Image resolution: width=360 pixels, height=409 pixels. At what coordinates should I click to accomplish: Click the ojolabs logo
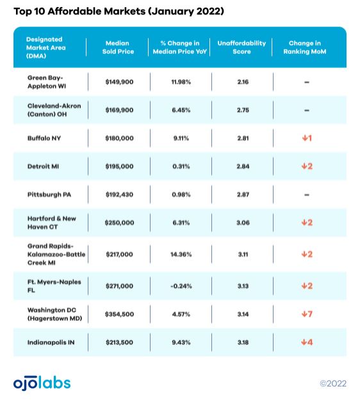point(42,383)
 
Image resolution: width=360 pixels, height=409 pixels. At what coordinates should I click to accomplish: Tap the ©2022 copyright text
point(333,383)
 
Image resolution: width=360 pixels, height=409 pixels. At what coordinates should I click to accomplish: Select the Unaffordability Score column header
point(241,47)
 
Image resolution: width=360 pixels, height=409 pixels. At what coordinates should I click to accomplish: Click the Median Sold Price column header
point(118,47)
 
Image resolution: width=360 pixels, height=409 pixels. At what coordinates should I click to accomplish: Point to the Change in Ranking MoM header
point(305,47)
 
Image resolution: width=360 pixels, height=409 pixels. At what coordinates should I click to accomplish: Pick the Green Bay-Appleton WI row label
point(47,82)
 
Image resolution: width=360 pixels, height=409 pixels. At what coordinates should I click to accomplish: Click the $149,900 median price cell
point(119,82)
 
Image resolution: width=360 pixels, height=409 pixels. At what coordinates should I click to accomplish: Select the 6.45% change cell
point(181,110)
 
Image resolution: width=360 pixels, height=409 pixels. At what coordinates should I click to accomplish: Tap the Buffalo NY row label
point(44,138)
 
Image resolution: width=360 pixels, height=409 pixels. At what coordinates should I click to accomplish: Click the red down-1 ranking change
point(307,138)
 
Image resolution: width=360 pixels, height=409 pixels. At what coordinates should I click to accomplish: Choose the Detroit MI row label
point(43,166)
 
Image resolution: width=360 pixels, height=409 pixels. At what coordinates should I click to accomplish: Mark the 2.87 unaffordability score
point(243,195)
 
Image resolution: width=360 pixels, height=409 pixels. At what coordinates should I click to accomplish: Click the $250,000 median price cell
point(119,223)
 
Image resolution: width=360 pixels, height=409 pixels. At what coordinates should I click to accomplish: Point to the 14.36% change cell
point(181,254)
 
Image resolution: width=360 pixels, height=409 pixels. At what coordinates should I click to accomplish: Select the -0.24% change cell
point(181,286)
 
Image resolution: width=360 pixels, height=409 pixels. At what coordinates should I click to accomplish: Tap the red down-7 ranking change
point(307,314)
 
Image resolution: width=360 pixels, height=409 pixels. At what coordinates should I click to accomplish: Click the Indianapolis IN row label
point(51,342)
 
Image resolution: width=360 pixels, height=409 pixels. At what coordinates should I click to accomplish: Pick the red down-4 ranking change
point(307,342)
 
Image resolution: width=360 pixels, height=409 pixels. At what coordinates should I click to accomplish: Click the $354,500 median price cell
point(119,314)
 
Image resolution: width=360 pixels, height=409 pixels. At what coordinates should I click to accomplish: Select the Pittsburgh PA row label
point(49,195)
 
